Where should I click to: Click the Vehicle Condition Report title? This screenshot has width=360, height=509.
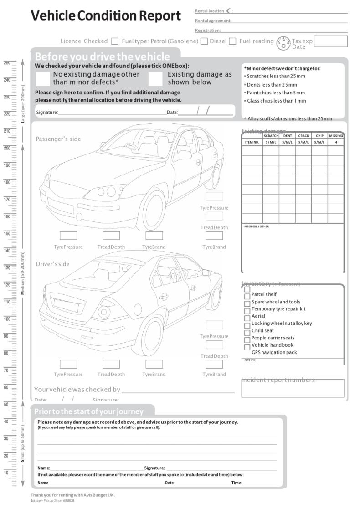tap(106, 16)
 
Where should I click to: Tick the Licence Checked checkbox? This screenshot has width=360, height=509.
tap(115, 41)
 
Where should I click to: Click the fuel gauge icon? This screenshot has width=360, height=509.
tap(283, 42)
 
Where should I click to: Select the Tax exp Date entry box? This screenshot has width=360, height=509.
tap(330, 41)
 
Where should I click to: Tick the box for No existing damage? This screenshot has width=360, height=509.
tap(43, 79)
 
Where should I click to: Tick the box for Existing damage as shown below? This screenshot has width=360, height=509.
tap(155, 79)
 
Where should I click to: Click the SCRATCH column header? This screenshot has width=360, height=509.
tap(271, 136)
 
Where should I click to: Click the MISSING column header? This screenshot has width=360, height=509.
tap(336, 136)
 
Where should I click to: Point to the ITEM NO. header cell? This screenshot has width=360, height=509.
tap(252, 142)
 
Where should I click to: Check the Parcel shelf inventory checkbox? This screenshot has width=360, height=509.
tap(247, 296)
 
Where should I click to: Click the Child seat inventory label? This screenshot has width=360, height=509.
tap(262, 331)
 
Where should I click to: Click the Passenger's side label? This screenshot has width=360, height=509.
tap(58, 139)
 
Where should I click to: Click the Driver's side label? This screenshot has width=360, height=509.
tap(53, 264)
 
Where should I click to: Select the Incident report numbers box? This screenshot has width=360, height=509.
tap(293, 388)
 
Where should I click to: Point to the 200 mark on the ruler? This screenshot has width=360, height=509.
tap(7, 148)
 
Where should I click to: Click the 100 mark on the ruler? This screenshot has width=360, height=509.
tap(7, 319)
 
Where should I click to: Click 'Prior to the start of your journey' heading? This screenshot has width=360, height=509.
tap(89, 411)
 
